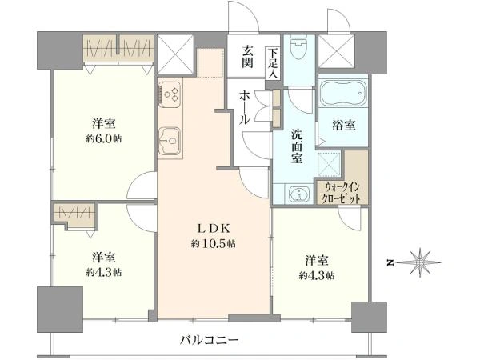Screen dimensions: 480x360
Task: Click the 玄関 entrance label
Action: pyautogui.click(x=247, y=57)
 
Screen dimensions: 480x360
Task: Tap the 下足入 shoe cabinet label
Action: pyautogui.click(x=273, y=63)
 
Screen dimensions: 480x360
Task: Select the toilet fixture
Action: pyautogui.click(x=298, y=50)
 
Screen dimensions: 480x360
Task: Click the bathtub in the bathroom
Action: pyautogui.click(x=343, y=91)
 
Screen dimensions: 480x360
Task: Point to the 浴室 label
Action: pyautogui.click(x=344, y=125)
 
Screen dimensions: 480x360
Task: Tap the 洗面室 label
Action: pyautogui.click(x=297, y=146)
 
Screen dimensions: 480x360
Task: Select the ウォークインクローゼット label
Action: pyautogui.click(x=342, y=193)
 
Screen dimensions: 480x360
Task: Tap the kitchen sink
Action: pyautogui.click(x=170, y=141)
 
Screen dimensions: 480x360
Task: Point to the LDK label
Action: pyautogui.click(x=214, y=228)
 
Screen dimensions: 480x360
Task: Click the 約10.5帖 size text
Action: pyautogui.click(x=214, y=244)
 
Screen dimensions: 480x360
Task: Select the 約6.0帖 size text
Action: pyautogui.click(x=104, y=138)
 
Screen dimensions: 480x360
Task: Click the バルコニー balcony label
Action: pyautogui.click(x=210, y=340)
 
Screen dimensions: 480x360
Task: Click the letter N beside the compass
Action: pyautogui.click(x=390, y=262)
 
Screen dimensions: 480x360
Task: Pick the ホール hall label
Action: pyautogui.click(x=245, y=107)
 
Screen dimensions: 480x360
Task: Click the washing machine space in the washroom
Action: pyautogui.click(x=329, y=165)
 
